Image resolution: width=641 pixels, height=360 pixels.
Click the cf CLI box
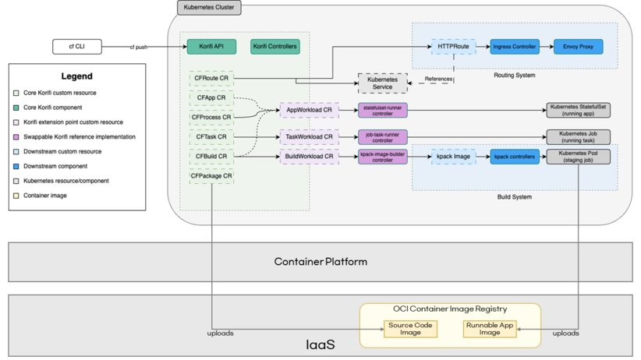coord(80,47)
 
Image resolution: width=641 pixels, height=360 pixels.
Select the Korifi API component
coord(211,47)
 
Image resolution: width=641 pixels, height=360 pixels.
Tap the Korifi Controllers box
coord(274,47)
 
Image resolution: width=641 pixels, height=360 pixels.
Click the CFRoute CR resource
coord(211,78)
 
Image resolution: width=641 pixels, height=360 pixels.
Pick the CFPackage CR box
coord(211,176)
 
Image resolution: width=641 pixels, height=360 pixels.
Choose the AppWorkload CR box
coord(309,111)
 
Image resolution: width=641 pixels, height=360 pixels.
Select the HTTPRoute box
coord(453,47)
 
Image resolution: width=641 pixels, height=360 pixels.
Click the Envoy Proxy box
coord(577,47)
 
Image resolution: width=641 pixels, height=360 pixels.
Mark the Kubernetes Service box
coord(382,83)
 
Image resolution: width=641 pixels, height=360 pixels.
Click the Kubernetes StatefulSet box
coord(579,111)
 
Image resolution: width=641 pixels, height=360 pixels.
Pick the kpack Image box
coord(453,157)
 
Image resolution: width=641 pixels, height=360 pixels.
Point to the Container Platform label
coord(320,261)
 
